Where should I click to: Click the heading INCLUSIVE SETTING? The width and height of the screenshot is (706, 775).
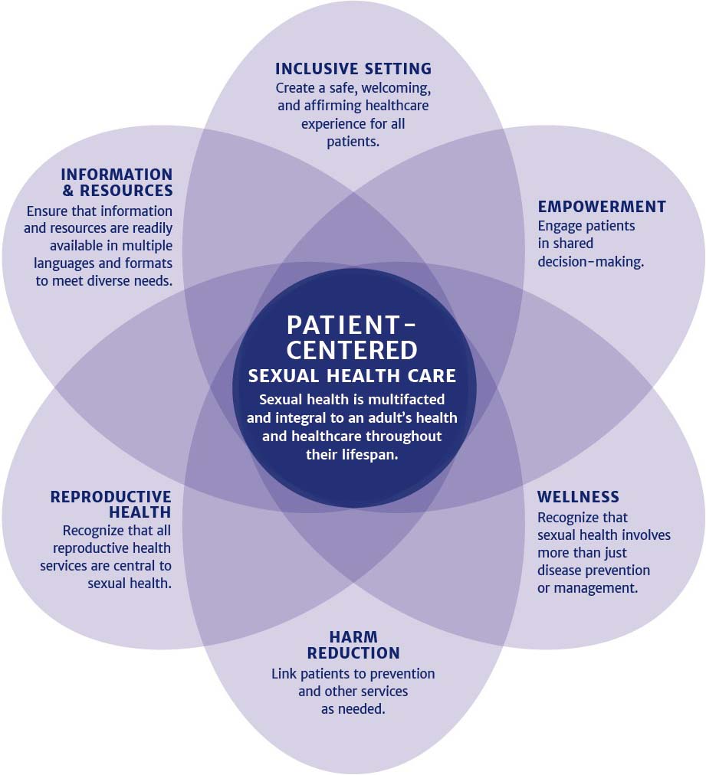pos(353,69)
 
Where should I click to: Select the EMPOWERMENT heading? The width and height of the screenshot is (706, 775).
pos(602,207)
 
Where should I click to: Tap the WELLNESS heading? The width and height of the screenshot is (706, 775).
pos(578,498)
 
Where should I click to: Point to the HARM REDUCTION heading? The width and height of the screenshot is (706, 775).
pos(353,646)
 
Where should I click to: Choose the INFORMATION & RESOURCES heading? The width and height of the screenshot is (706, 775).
pos(117,182)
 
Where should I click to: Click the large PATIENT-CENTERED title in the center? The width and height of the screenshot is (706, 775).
pos(353,337)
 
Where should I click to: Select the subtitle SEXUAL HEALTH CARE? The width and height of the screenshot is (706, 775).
pos(353,376)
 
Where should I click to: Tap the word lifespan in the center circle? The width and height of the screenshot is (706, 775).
pos(378,453)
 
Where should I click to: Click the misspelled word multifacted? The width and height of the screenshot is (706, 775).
pos(406,400)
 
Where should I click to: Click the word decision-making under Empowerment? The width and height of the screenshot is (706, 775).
pos(590,262)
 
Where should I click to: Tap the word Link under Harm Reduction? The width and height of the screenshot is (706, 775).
pos(284,674)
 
